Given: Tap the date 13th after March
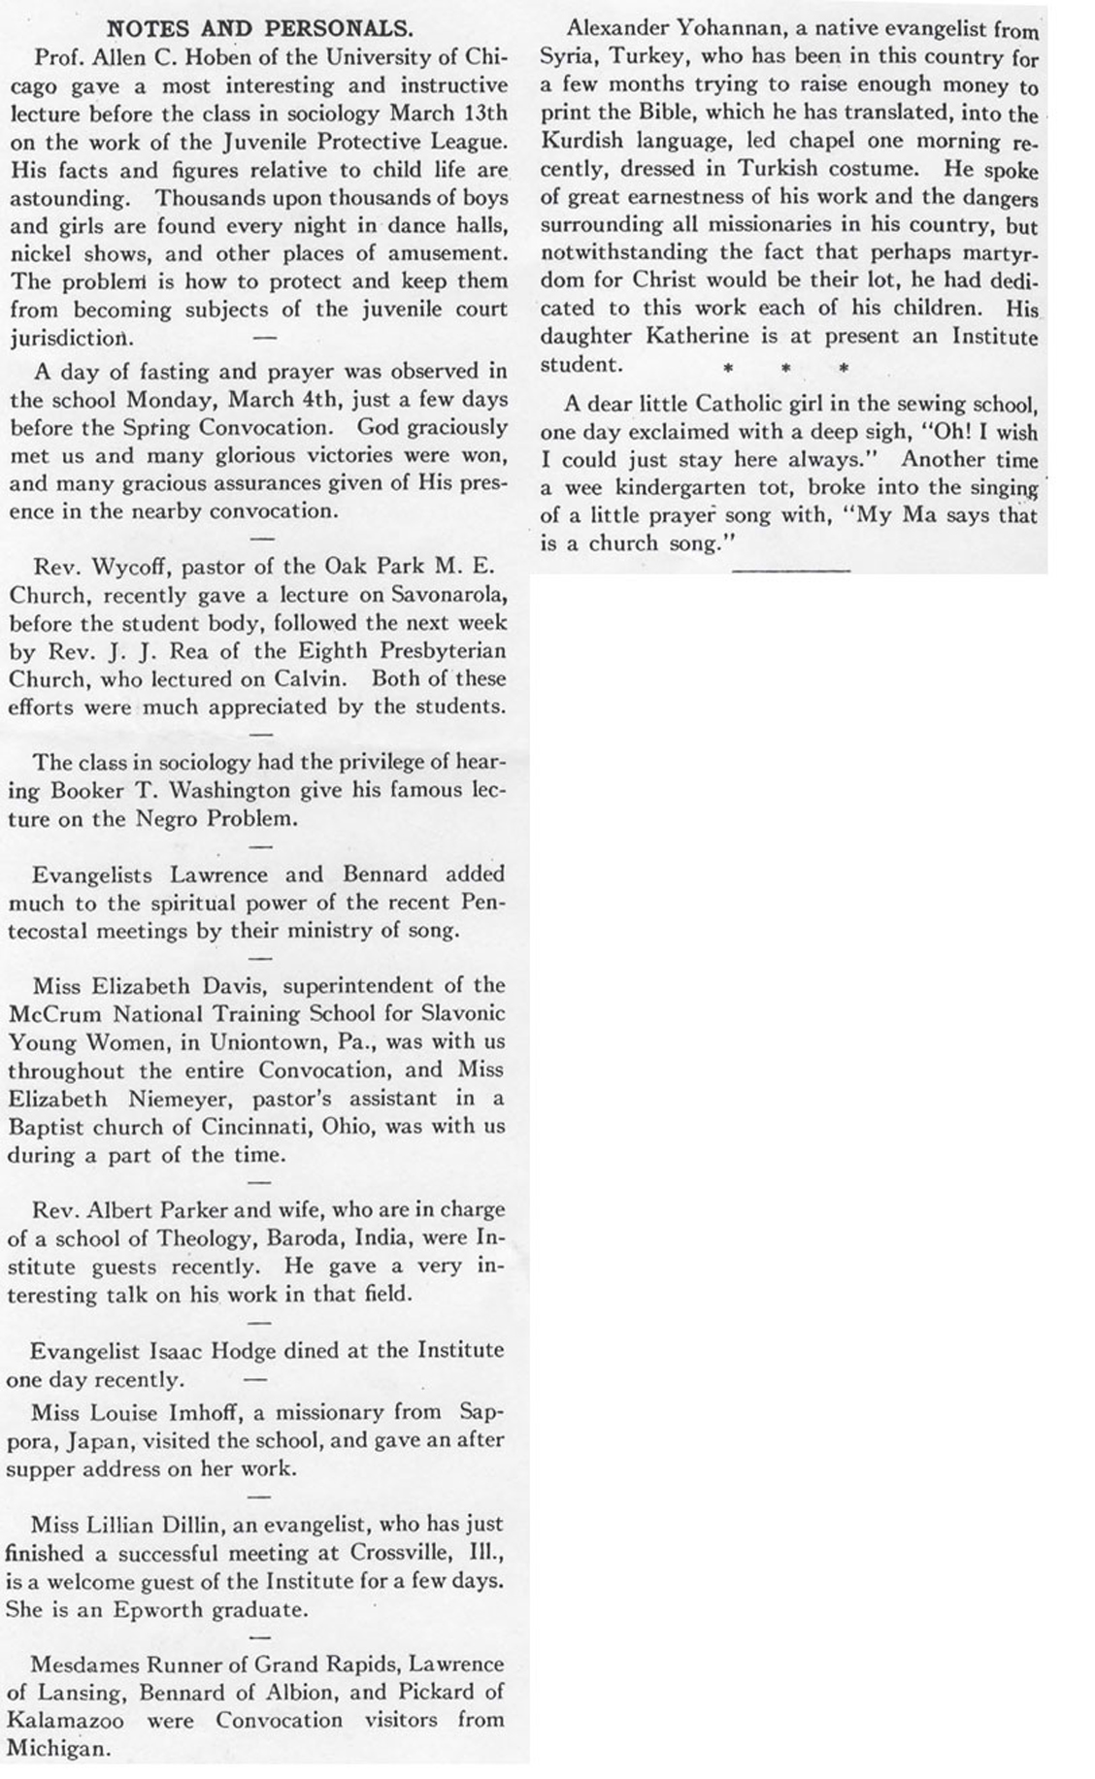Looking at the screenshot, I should [x=481, y=113].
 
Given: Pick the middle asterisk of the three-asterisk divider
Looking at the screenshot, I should [x=786, y=368].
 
